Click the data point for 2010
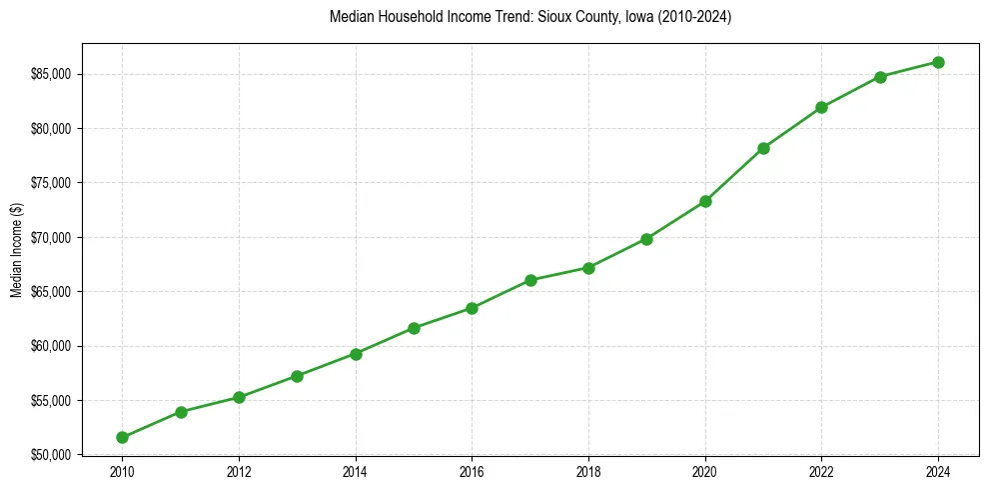(122, 437)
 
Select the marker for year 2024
(938, 62)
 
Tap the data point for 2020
(705, 201)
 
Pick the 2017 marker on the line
(530, 280)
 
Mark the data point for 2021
(763, 148)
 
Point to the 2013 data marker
(297, 376)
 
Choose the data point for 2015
(414, 328)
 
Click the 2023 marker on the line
(880, 77)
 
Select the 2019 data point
(646, 239)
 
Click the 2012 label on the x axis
(239, 471)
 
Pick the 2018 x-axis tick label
(588, 471)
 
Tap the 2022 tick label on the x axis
(821, 471)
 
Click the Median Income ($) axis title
(16, 255)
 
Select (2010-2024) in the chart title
(695, 18)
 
